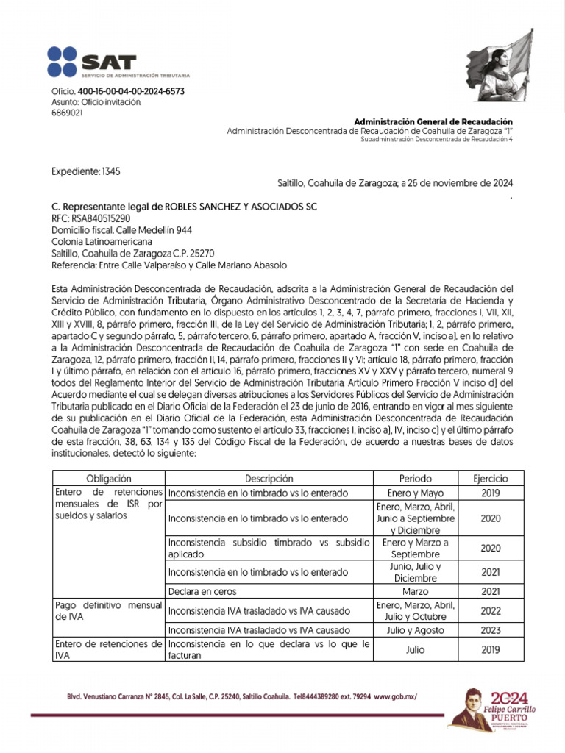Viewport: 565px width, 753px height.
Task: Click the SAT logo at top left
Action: point(118,63)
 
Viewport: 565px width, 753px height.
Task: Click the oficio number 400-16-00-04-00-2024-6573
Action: point(130,91)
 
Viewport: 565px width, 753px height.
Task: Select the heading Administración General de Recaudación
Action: point(433,121)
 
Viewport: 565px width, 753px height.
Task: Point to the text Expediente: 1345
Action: point(86,171)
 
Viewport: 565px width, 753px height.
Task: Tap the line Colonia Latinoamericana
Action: point(102,240)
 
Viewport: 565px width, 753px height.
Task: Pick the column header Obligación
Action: point(108,479)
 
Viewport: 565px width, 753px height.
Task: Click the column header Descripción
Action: point(269,479)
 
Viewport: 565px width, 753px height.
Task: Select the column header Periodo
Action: point(416,479)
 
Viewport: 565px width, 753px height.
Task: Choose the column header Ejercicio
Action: point(490,479)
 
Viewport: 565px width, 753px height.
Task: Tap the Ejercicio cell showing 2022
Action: point(490,610)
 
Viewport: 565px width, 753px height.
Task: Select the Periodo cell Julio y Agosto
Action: point(416,630)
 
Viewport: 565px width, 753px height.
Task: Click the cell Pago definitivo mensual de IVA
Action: point(108,610)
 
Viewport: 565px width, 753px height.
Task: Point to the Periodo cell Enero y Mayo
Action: point(416,493)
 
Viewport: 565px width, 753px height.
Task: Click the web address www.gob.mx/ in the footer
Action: point(400,696)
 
